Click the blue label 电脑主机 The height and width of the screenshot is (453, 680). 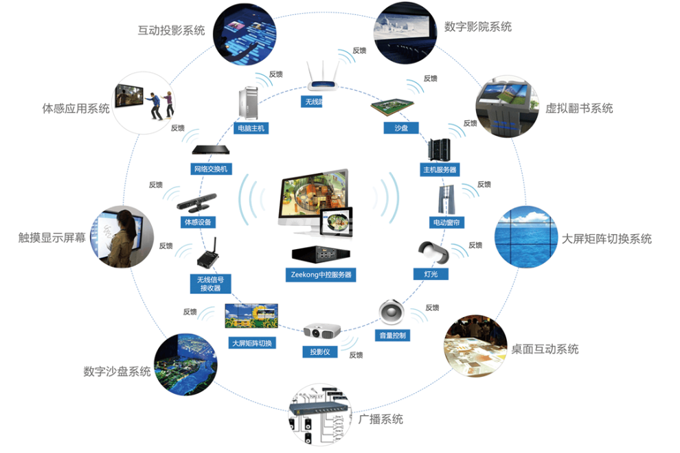coord(251,128)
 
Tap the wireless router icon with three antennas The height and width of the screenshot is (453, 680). coord(326,78)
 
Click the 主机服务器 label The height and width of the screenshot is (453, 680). coord(440,169)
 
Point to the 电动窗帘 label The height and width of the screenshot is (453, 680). coord(447,222)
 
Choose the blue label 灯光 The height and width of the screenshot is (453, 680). coord(431,275)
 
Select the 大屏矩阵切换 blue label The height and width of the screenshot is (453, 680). coord(251,342)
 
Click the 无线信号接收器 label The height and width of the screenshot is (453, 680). coord(211,283)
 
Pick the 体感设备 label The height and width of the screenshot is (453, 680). coord(199,222)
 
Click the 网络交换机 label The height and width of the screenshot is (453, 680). coord(211,169)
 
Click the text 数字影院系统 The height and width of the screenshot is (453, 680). coord(478,27)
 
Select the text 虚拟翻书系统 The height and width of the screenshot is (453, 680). coord(579,108)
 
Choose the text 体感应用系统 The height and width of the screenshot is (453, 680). coord(76,108)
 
